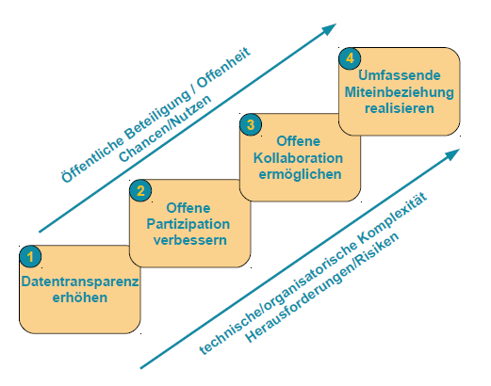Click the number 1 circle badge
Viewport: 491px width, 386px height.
tap(30, 256)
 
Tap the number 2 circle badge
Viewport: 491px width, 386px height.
tap(140, 190)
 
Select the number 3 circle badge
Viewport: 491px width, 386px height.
tap(251, 124)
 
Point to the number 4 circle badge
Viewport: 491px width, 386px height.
tap(350, 58)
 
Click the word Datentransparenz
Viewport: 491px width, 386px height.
tap(80, 281)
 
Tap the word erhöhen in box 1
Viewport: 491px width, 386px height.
tap(80, 298)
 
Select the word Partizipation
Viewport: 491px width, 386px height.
tap(188, 224)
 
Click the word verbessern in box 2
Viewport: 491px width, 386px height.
tap(190, 240)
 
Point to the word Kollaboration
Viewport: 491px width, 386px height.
tap(298, 158)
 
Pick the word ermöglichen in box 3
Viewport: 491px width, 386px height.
tap(300, 174)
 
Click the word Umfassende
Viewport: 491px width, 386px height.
tap(400, 75)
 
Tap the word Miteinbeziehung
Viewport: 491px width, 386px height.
tap(400, 92)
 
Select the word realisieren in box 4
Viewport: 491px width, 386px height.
tap(400, 108)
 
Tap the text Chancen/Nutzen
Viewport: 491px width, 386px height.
tap(166, 128)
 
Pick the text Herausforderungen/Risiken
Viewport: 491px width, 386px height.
tap(322, 287)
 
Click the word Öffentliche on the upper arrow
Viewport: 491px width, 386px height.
tap(92, 160)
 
